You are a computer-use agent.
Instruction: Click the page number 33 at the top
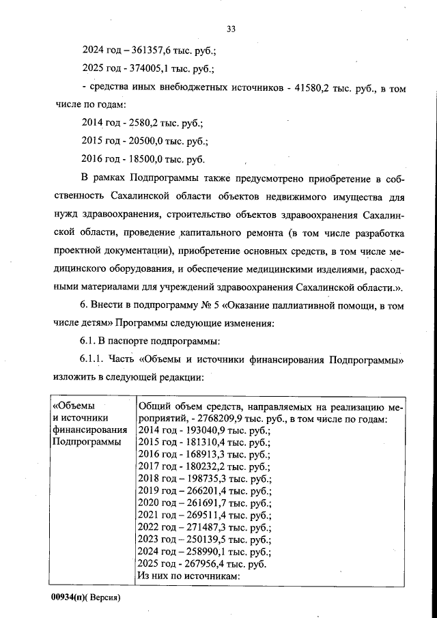pos(230,29)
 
